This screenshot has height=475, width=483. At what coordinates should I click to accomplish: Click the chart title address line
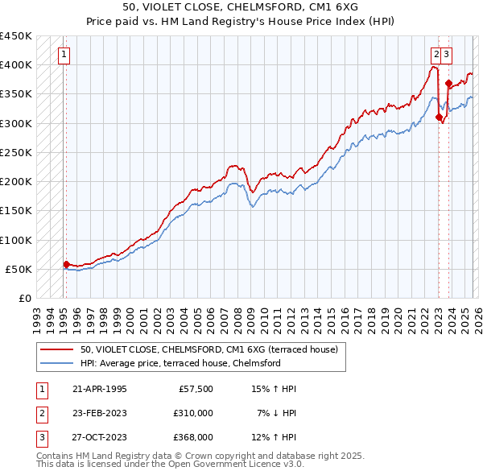[242, 6]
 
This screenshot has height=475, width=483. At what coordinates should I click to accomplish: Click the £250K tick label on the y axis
[15, 152]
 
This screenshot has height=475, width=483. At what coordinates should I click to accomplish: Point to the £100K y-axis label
[15, 240]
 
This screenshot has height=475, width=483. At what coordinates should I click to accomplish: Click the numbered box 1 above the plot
[64, 55]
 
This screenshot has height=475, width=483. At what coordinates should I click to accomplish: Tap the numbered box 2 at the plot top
[436, 55]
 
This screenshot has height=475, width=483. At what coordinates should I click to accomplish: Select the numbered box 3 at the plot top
[446, 55]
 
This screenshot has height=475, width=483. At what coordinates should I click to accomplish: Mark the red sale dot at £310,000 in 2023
[439, 117]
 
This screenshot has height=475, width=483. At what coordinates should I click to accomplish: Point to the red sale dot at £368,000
[448, 83]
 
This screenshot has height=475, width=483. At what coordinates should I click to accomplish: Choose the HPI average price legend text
[180, 363]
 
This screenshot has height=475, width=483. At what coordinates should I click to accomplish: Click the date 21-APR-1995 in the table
[98, 389]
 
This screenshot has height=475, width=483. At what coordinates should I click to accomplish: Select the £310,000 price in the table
[193, 413]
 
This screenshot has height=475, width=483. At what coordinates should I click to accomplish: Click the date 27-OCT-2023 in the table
[98, 437]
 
